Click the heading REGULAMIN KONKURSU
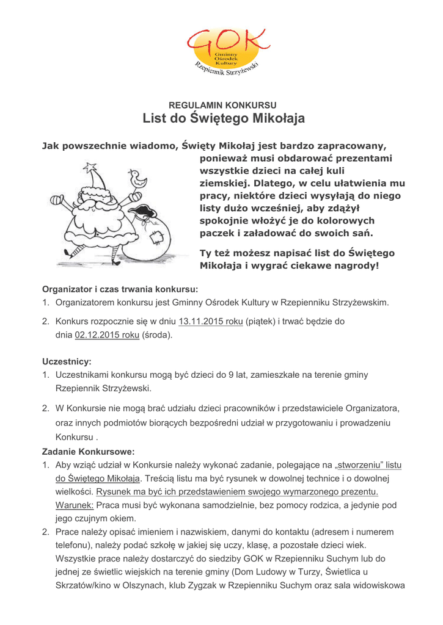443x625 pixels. (x=223, y=105)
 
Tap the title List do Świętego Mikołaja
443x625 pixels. (x=224, y=118)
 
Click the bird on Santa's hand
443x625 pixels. (x=139, y=179)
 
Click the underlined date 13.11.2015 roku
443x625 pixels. (x=210, y=321)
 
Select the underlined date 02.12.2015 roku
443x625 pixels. (x=107, y=335)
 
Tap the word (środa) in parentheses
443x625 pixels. (x=157, y=335)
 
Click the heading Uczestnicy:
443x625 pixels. (x=67, y=361)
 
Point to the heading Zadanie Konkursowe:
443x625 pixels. (x=88, y=452)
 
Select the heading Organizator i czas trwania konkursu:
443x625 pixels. (x=120, y=289)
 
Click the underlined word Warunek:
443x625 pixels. (x=75, y=505)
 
